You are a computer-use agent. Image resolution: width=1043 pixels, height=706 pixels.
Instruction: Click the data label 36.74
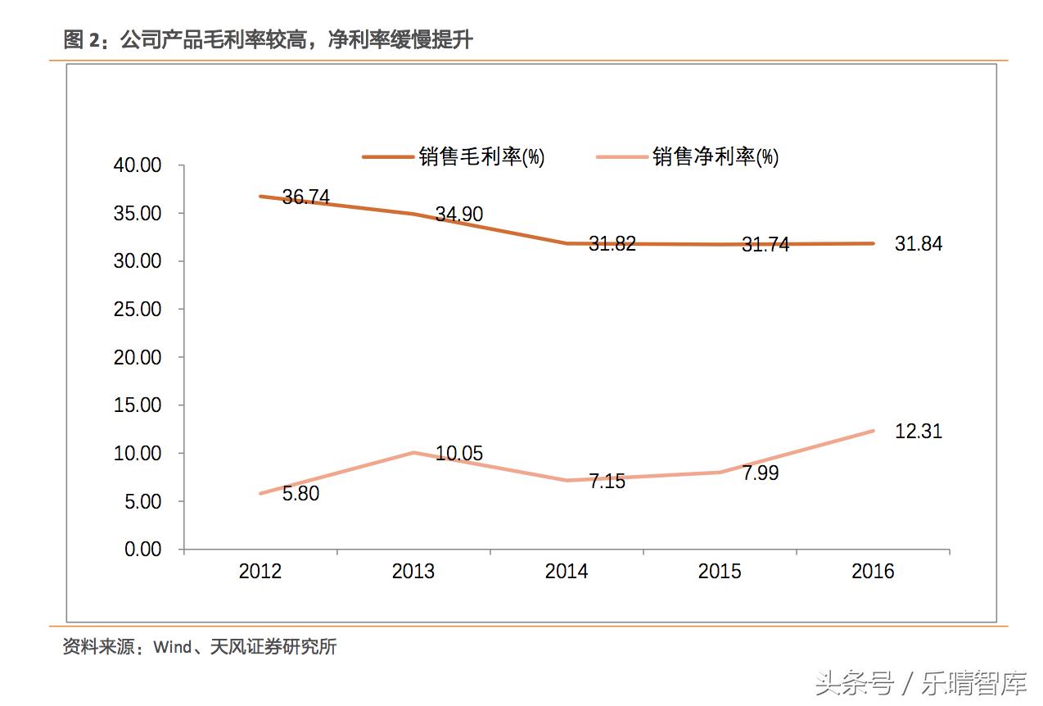[x=305, y=197]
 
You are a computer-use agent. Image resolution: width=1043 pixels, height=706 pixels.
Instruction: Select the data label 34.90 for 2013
[x=458, y=215]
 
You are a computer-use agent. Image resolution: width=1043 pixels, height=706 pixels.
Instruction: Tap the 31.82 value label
[x=612, y=244]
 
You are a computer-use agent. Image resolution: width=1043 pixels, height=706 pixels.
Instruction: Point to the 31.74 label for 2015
[x=765, y=245]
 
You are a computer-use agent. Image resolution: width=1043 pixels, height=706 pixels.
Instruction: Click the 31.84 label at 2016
[x=918, y=244]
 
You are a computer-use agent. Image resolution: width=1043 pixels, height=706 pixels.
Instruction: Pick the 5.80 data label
[x=300, y=495]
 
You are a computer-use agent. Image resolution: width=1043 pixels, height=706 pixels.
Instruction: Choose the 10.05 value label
[x=458, y=454]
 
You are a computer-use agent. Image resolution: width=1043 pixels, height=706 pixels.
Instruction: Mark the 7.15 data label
[x=607, y=482]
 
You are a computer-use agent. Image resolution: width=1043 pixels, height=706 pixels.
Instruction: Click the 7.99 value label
[x=760, y=473]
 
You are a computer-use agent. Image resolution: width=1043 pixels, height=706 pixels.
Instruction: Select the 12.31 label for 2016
[x=918, y=432]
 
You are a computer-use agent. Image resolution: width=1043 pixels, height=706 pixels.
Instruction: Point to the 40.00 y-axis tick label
[x=138, y=165]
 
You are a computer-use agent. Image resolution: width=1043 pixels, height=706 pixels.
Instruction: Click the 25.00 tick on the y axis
[x=138, y=310]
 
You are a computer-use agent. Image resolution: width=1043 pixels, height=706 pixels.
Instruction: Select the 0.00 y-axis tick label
[x=142, y=550]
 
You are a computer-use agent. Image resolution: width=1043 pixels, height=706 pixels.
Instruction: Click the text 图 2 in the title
[x=84, y=39]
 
